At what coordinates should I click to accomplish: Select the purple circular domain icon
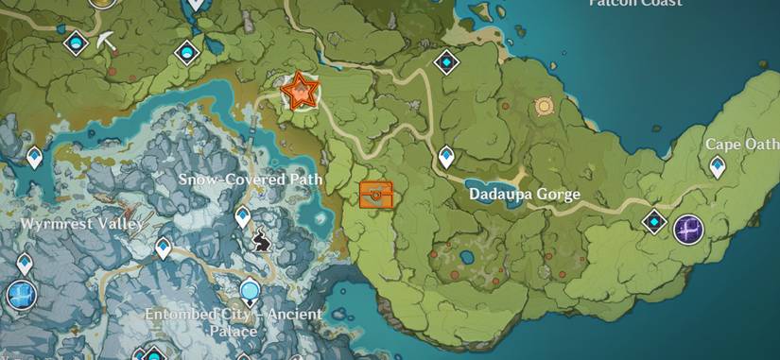(688, 229)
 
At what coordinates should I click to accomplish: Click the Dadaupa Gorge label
(524, 195)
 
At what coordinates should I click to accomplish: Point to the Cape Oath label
(742, 145)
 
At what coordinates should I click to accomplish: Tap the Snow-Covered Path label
(251, 179)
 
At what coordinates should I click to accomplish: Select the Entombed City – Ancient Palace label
(233, 322)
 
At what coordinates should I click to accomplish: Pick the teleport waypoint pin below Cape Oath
(718, 167)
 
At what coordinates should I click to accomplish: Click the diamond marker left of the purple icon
(653, 222)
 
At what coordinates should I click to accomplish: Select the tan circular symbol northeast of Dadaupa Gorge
(544, 108)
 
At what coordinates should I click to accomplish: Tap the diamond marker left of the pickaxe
(76, 43)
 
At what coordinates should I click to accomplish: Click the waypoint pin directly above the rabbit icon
(242, 216)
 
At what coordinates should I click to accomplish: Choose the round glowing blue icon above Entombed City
(251, 289)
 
